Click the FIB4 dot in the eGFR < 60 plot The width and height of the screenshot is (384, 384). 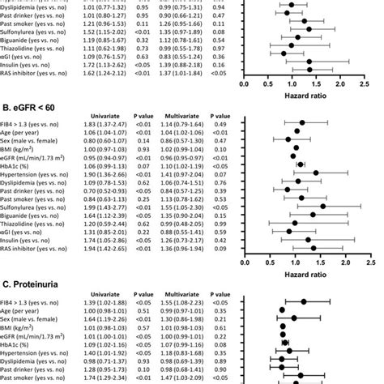tap(301, 147)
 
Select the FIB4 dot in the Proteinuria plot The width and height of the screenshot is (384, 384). tap(304, 302)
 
